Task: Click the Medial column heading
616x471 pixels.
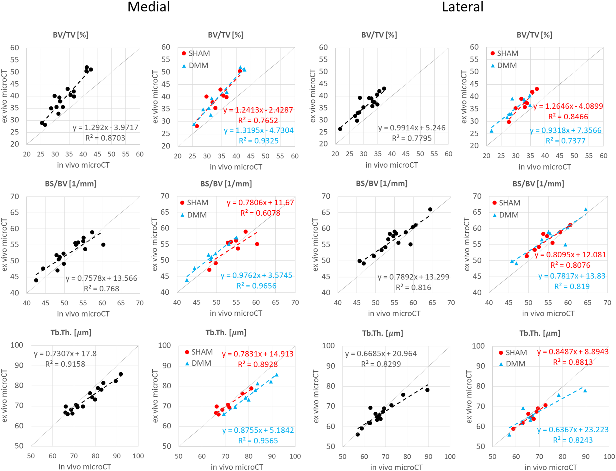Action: click(x=149, y=7)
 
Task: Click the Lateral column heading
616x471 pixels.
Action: click(x=462, y=7)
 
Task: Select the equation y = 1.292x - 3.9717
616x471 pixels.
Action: click(x=105, y=128)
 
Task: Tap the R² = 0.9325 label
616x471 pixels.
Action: click(x=259, y=141)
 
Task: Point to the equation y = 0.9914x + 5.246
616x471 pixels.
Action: click(x=412, y=128)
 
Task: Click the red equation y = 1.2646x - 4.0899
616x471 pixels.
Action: click(x=568, y=106)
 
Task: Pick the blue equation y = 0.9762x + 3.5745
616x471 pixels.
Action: click(x=256, y=276)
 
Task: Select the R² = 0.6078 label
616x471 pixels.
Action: click(x=260, y=213)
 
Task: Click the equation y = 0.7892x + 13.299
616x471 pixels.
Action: click(x=413, y=277)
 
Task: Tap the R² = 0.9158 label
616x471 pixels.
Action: click(x=65, y=364)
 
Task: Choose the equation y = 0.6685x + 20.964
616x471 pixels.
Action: click(x=381, y=354)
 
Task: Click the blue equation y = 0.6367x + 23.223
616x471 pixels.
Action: click(x=573, y=430)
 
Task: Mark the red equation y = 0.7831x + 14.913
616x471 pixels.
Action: click(x=258, y=354)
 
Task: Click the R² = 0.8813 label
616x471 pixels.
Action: click(x=573, y=362)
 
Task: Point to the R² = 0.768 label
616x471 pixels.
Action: click(x=101, y=289)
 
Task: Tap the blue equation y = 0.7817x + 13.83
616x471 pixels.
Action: click(x=572, y=276)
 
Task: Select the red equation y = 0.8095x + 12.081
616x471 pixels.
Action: click(x=570, y=255)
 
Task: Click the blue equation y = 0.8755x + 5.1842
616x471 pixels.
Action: click(x=258, y=430)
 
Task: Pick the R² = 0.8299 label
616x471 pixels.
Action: click(x=381, y=364)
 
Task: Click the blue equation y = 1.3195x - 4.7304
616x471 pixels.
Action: click(x=259, y=130)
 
